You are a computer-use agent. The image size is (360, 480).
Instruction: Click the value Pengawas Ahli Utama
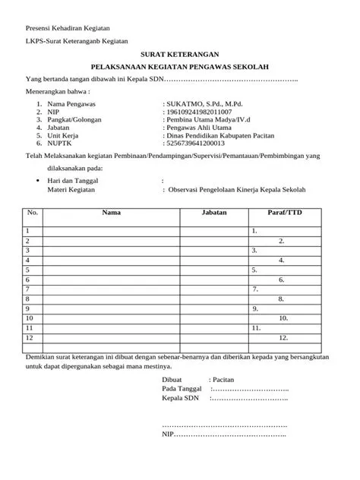point(199,131)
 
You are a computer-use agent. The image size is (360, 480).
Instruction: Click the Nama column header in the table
point(112,213)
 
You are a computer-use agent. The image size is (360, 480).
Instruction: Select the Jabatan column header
point(215,213)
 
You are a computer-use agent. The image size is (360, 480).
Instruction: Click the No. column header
point(33,213)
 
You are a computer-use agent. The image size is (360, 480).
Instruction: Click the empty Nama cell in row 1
point(112,229)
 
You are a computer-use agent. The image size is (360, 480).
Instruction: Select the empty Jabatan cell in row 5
point(215,270)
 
